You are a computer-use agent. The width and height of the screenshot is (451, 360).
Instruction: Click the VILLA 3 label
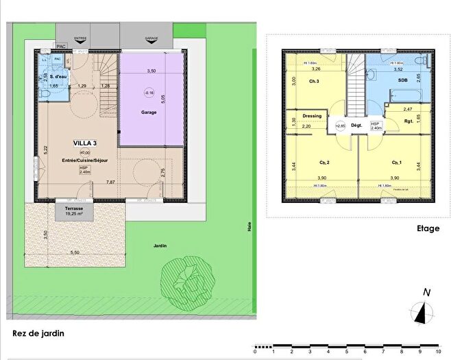click(86, 143)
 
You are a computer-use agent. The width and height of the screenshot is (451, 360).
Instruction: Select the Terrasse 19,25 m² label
click(70, 211)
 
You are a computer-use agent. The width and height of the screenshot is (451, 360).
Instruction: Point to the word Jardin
click(160, 245)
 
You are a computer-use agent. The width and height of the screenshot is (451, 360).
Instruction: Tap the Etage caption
click(427, 229)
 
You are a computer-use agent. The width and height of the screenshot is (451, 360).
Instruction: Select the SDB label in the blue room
click(398, 81)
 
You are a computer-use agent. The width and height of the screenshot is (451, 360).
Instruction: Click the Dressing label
click(302, 117)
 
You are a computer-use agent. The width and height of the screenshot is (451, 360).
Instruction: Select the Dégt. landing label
click(356, 125)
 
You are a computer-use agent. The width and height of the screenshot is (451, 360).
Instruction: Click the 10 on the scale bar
click(428, 352)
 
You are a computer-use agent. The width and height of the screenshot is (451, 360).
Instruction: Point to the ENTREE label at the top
click(80, 39)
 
